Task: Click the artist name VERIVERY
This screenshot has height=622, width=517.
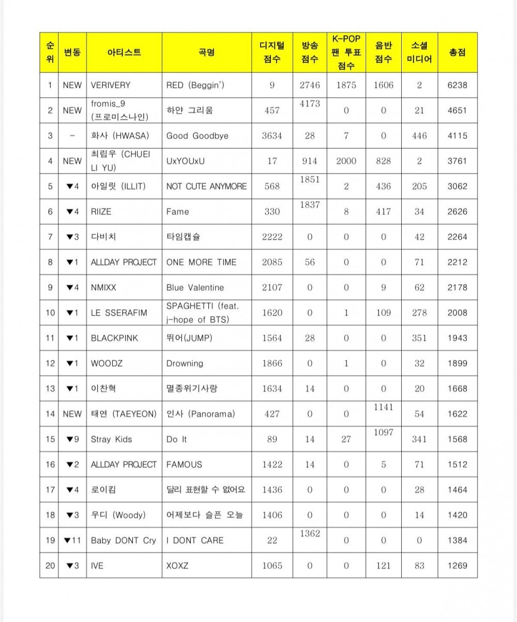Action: (110, 85)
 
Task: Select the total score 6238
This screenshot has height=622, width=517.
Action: (457, 85)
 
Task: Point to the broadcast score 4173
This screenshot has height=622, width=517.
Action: (310, 104)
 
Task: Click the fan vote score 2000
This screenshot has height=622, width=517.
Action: (346, 161)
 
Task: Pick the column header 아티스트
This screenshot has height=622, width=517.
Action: (124, 52)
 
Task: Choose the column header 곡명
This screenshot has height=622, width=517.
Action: (206, 52)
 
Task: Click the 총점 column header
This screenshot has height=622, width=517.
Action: (457, 52)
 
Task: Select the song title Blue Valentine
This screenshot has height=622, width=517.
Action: (195, 288)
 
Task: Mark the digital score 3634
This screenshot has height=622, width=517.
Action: (272, 136)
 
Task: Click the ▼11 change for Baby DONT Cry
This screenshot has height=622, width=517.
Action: (72, 540)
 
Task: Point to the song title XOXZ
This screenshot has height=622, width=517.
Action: (177, 566)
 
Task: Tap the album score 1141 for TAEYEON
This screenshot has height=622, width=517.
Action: (383, 407)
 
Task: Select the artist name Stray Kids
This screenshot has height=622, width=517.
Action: (111, 440)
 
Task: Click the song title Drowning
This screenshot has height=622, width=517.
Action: (185, 364)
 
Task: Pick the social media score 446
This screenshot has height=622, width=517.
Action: (419, 136)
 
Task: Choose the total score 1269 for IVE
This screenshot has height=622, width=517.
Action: (457, 566)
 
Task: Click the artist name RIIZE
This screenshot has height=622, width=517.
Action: (101, 212)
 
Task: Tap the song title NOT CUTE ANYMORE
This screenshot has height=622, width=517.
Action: (206, 186)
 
